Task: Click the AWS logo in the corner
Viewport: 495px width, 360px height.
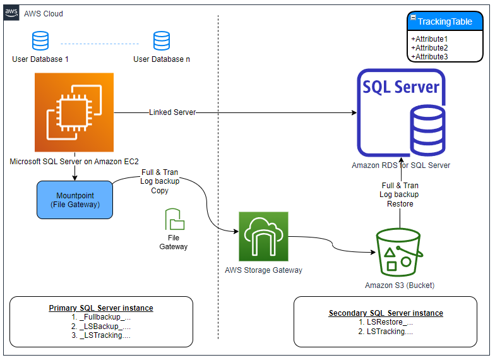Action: [x=11, y=13]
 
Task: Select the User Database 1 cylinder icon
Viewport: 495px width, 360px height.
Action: [x=40, y=40]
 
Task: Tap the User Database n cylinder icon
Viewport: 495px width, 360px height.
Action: [x=162, y=40]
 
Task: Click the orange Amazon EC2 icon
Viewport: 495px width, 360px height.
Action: [x=75, y=112]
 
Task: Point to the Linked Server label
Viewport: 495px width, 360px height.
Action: [x=172, y=112]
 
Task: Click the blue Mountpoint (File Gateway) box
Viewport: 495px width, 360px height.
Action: [x=75, y=200]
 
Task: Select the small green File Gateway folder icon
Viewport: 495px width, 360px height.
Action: [x=174, y=219]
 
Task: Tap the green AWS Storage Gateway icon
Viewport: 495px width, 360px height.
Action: [x=264, y=236]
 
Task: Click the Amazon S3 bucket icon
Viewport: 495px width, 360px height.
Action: [x=399, y=253]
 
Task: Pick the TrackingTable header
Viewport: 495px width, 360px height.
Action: [x=445, y=21]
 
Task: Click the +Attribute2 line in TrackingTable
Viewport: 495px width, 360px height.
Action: [x=429, y=48]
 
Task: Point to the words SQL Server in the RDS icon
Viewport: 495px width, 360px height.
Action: [x=401, y=87]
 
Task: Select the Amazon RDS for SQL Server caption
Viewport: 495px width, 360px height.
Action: [x=401, y=165]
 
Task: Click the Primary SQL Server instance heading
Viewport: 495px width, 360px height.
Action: [x=101, y=308]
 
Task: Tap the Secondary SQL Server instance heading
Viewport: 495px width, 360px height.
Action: [x=386, y=313]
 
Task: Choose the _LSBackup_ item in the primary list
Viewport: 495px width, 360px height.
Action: [x=101, y=326]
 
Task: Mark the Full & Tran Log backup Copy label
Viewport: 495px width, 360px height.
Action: [x=160, y=181]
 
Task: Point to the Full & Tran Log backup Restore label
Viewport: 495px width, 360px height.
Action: [x=399, y=195]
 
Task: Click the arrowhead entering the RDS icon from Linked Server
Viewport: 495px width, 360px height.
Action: [x=354, y=112]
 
